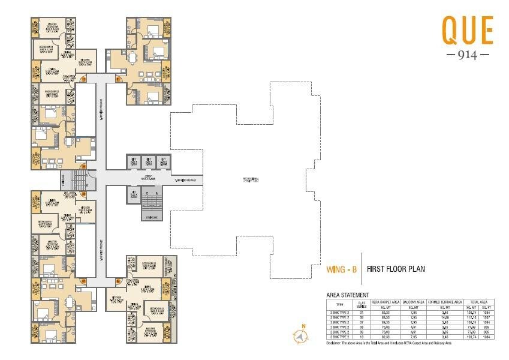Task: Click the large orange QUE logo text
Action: (x=467, y=31)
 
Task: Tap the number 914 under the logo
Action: (x=468, y=55)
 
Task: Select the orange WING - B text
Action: (x=341, y=269)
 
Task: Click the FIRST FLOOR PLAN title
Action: (x=396, y=269)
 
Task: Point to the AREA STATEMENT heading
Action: (x=347, y=295)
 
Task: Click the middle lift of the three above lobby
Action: (x=147, y=161)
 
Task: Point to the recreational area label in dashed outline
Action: (x=251, y=179)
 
